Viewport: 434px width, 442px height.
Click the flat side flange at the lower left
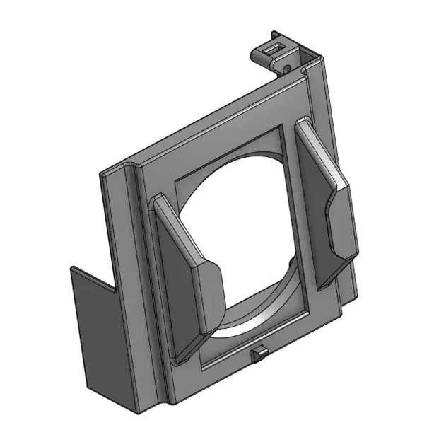99,339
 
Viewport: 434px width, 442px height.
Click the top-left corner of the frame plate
106,173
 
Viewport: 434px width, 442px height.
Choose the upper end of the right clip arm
303,126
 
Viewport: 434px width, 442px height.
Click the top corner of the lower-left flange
73,268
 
